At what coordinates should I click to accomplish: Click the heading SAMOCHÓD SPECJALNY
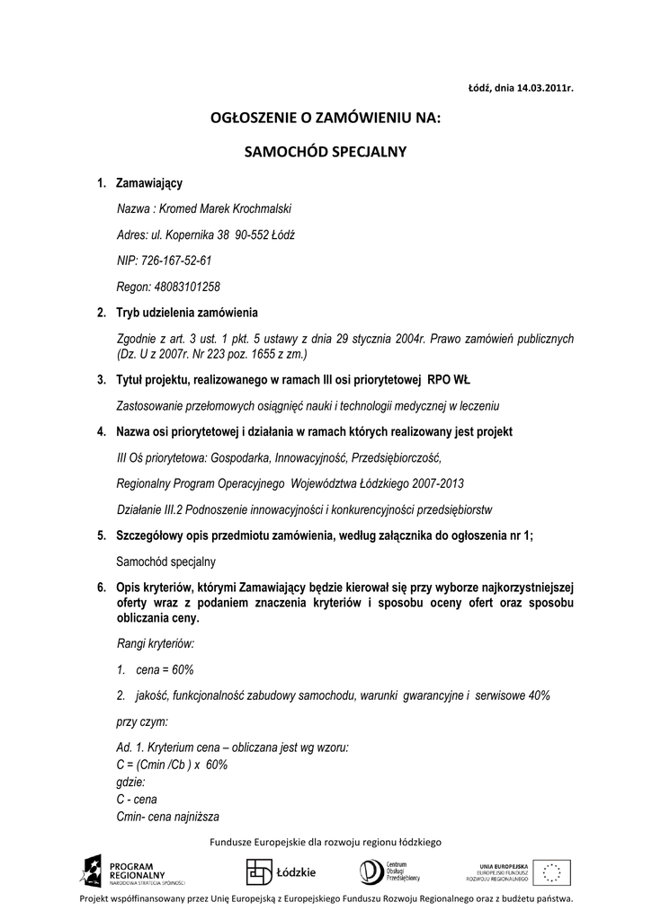(x=326, y=151)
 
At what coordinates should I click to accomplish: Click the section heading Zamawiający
(x=148, y=183)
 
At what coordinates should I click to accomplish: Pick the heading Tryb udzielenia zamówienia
(x=187, y=313)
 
